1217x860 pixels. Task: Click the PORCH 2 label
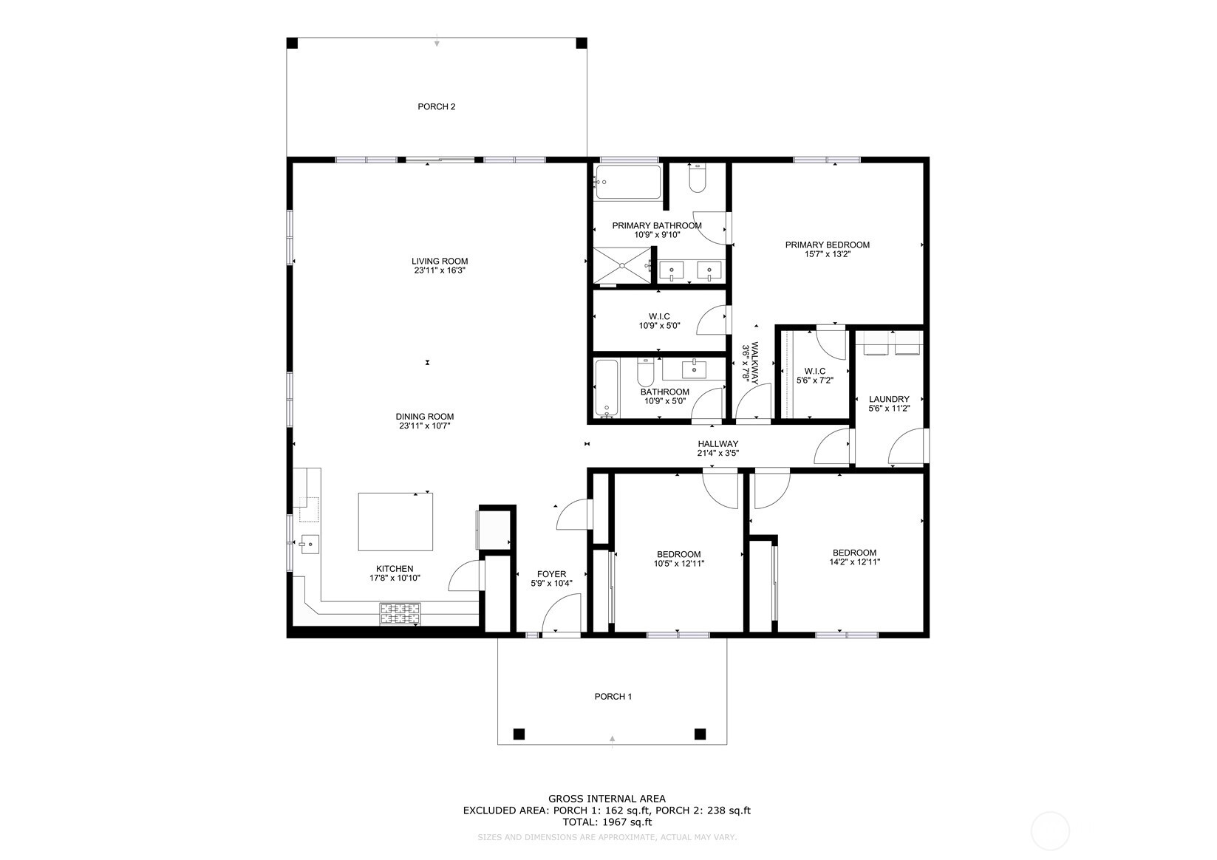436,106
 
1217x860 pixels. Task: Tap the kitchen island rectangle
395,522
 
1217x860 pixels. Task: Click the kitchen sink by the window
309,545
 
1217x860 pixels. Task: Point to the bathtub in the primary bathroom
628,182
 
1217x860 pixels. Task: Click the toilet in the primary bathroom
697,179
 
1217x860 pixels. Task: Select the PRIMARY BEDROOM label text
827,245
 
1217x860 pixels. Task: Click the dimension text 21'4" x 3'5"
717,454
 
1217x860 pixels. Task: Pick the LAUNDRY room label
888,399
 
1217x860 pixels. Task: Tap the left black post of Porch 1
519,734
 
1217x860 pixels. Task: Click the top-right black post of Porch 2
582,43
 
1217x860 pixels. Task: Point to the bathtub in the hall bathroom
606,388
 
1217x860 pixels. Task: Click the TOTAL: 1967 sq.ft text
606,822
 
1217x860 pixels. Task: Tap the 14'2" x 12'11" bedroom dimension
854,562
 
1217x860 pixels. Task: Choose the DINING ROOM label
424,416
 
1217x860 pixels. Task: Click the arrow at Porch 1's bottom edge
612,738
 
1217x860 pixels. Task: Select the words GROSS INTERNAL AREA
606,798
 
